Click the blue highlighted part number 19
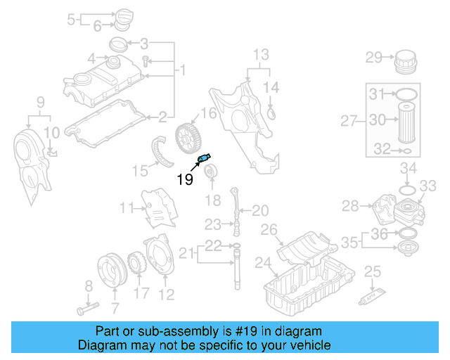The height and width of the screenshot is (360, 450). point(206,159)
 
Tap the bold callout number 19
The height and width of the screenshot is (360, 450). point(184,179)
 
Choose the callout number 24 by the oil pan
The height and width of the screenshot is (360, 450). point(262,264)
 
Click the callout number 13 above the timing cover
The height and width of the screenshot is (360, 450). point(261,54)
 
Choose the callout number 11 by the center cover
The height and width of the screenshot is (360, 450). point(127,207)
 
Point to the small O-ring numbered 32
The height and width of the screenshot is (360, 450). point(406,150)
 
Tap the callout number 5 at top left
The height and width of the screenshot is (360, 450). point(71,19)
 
